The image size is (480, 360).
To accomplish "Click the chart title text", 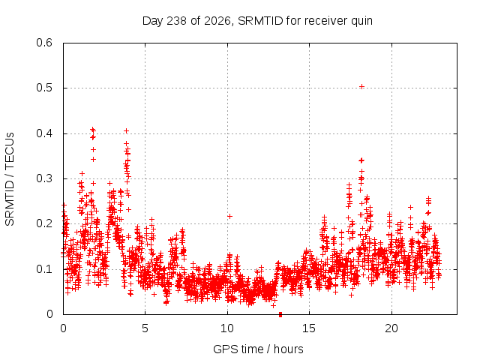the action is click(x=257, y=21).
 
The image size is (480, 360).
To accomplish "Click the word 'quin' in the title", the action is click(x=361, y=22).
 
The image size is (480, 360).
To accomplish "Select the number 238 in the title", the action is click(x=177, y=21).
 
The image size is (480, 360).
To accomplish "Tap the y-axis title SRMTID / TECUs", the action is click(x=10, y=179).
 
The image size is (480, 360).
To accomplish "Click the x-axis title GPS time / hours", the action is click(x=258, y=349).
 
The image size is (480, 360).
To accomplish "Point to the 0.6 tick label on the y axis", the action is click(x=44, y=43).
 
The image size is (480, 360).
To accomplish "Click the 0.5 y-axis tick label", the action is click(x=44, y=88).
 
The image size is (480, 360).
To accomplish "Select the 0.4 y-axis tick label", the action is click(x=44, y=133).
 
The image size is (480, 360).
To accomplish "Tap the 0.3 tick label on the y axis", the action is click(x=44, y=178).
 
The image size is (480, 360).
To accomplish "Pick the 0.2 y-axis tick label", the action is click(x=44, y=223).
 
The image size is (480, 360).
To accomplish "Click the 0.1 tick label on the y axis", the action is click(x=44, y=269).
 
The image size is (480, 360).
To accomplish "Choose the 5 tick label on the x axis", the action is click(x=145, y=328).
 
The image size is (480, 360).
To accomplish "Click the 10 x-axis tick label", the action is click(x=227, y=328).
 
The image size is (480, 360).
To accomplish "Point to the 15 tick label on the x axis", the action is click(x=309, y=328).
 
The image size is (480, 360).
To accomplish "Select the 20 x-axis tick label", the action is click(x=391, y=328).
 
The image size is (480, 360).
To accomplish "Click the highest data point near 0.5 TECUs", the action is click(x=361, y=87).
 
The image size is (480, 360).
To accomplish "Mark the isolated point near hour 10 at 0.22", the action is click(x=229, y=217).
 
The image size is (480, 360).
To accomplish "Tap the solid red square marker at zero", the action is click(x=280, y=314).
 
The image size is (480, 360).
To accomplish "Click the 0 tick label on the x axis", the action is click(x=63, y=328).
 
